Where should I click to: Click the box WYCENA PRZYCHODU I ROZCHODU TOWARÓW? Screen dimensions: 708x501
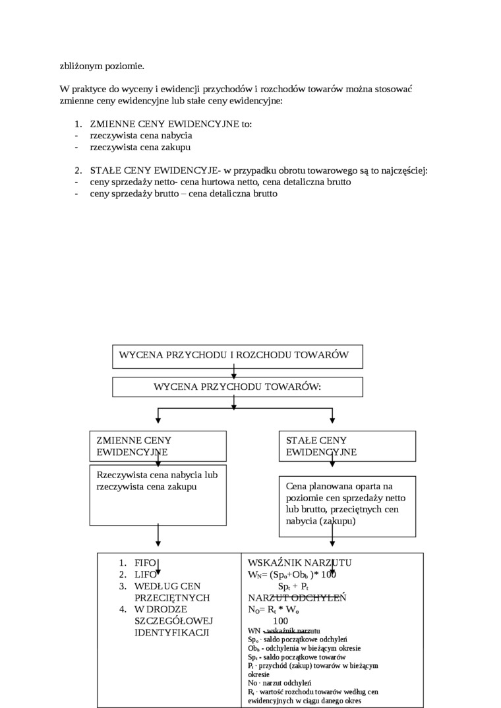coord(237,356)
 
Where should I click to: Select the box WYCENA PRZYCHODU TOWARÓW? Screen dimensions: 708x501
coord(237,387)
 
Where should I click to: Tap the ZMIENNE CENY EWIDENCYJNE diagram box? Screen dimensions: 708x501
coord(158,446)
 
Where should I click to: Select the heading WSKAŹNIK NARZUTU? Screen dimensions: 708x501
coord(299,562)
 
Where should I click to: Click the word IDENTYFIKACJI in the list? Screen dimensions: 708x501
coord(171,632)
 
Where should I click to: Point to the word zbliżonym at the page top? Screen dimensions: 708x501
coord(80,66)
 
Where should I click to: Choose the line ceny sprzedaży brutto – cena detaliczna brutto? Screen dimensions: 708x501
coord(184,194)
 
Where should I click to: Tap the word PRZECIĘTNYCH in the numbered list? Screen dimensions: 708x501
coord(172,597)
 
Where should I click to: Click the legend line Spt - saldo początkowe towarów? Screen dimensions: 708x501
coord(297,657)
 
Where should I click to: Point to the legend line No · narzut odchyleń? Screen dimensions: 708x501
coord(280,683)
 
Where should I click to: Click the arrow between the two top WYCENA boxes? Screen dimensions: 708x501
coord(233,372)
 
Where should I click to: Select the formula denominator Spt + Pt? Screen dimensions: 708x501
coord(294,586)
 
